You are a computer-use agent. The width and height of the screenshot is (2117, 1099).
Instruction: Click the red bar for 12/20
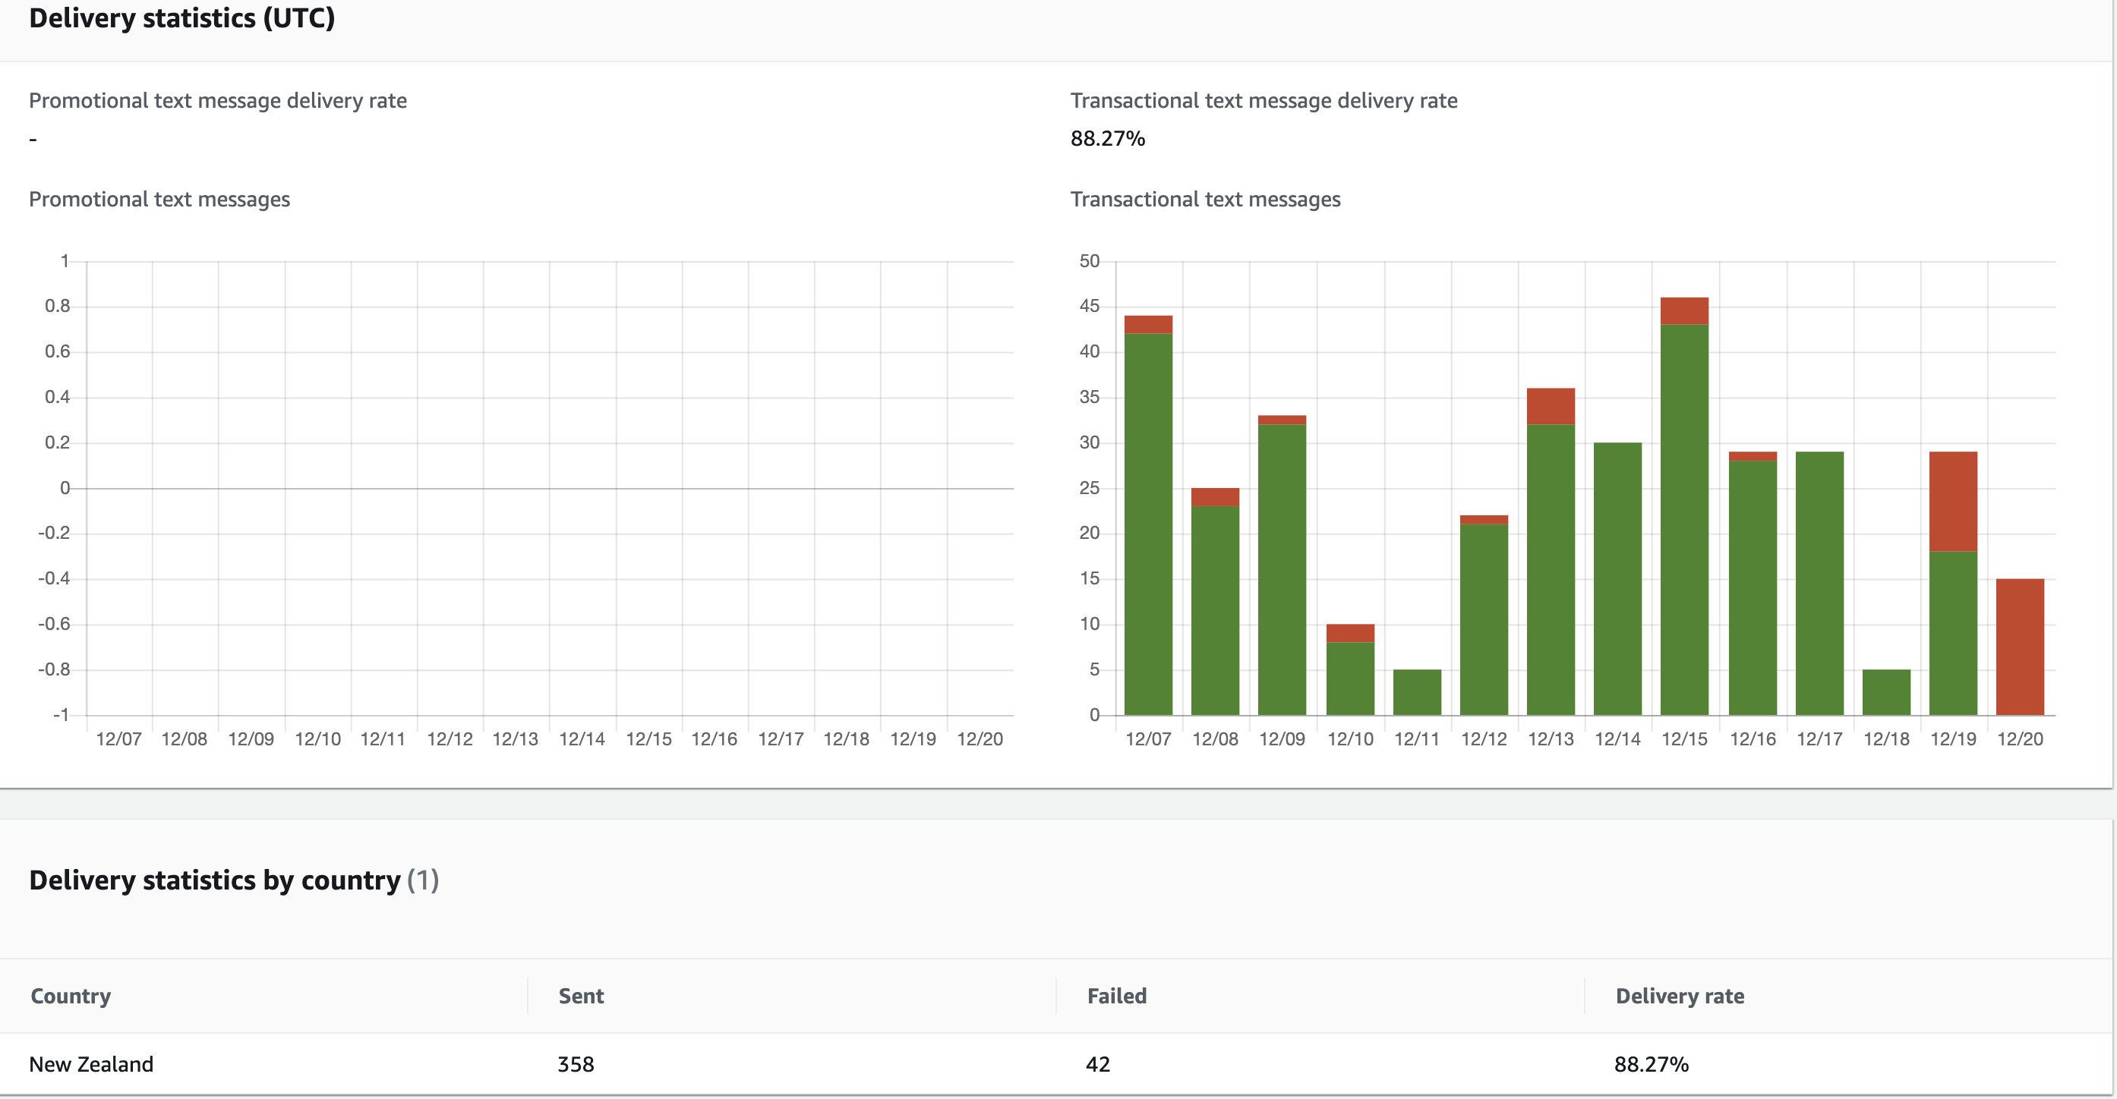[x=2019, y=647]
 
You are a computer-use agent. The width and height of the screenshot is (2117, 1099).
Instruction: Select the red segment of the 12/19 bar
[x=1953, y=501]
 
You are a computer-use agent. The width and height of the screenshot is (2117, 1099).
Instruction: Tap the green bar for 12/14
[x=1617, y=578]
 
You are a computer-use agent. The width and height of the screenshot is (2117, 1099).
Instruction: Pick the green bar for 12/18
[x=1886, y=691]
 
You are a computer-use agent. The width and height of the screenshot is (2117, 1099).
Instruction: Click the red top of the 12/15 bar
[x=1684, y=310]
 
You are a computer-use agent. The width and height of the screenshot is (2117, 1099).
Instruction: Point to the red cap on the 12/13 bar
[x=1550, y=406]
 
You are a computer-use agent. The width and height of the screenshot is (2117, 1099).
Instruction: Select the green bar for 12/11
[x=1417, y=691]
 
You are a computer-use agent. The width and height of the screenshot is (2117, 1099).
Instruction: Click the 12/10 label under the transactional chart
[x=1350, y=738]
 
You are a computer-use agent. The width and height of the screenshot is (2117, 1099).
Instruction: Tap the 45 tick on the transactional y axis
[x=1089, y=307]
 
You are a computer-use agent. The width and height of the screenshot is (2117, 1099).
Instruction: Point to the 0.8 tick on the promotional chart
[x=58, y=307]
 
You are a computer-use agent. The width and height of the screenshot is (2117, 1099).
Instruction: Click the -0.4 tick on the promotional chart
[x=54, y=578]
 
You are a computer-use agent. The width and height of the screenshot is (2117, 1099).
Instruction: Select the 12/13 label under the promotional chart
[x=516, y=738]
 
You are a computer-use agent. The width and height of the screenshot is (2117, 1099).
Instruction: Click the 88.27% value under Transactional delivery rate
[x=1107, y=138]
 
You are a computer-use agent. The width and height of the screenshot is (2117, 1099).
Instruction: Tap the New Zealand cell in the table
[x=91, y=1063]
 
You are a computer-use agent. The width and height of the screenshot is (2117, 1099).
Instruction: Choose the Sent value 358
[x=576, y=1063]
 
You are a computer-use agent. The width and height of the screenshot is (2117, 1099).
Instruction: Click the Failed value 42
[x=1097, y=1063]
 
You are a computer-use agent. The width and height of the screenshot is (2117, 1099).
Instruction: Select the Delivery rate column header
[x=1679, y=996]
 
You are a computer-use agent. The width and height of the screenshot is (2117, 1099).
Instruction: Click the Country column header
[x=71, y=996]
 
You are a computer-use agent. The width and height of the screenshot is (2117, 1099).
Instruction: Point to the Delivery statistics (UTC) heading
[x=181, y=18]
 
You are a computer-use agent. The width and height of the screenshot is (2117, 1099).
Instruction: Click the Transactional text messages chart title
[x=1205, y=200]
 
